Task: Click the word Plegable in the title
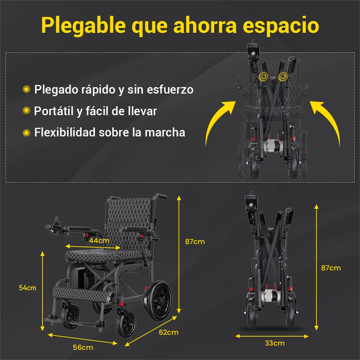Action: pyautogui.click(x=84, y=26)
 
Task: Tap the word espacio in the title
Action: pyautogui.click(x=281, y=26)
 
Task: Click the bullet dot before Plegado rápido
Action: pyautogui.click(x=26, y=89)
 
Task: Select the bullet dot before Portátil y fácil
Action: pyautogui.click(x=26, y=111)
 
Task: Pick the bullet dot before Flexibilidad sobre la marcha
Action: pyautogui.click(x=26, y=132)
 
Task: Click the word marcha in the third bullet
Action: pyautogui.click(x=165, y=132)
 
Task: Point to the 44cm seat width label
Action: pyautogui.click(x=99, y=240)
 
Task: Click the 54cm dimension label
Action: pyautogui.click(x=28, y=288)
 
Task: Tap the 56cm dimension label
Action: pyautogui.click(x=83, y=347)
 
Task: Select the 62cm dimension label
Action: pyautogui.click(x=168, y=332)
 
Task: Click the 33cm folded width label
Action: pyautogui.click(x=275, y=343)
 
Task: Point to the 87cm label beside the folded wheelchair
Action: pyautogui.click(x=331, y=268)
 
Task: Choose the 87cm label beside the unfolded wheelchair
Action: pyautogui.click(x=195, y=242)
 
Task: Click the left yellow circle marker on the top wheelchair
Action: pyautogui.click(x=264, y=77)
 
